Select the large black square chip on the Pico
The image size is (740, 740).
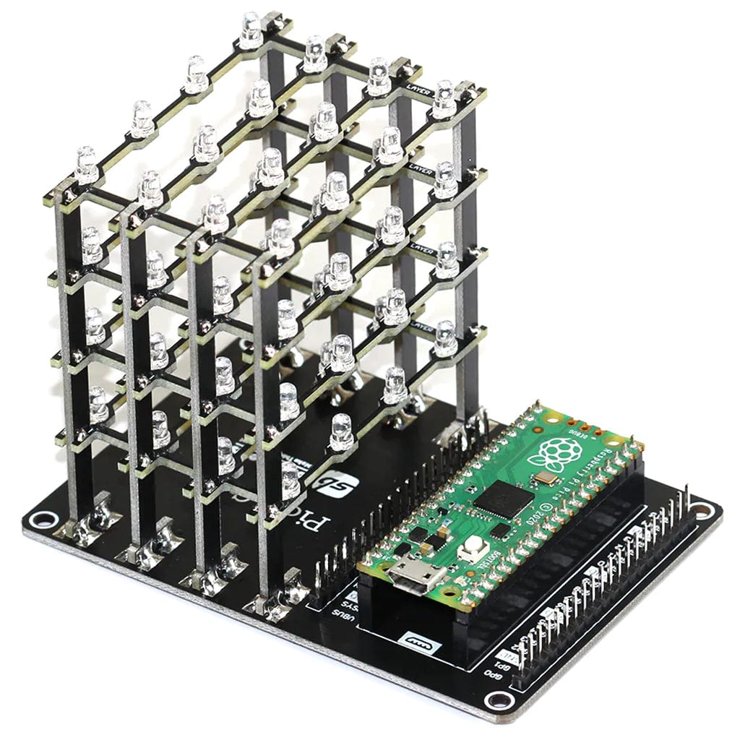[x=504, y=499]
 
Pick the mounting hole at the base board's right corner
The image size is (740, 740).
[x=702, y=510]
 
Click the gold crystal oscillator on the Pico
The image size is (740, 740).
[x=547, y=478]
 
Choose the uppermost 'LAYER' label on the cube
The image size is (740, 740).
[x=423, y=92]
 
